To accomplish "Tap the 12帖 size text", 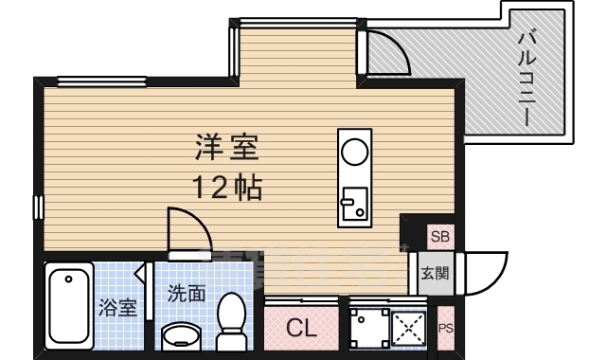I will (x=227, y=187).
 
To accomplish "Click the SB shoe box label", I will (x=440, y=236).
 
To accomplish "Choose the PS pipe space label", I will (x=446, y=329).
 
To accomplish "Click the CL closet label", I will (x=301, y=330).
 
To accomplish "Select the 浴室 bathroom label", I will (x=117, y=308).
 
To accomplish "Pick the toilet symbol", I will (x=231, y=319).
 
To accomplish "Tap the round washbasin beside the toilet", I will (x=181, y=337).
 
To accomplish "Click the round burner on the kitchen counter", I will (x=354, y=151).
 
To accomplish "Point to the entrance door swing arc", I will (x=483, y=272).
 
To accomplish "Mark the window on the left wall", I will (x=39, y=206).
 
